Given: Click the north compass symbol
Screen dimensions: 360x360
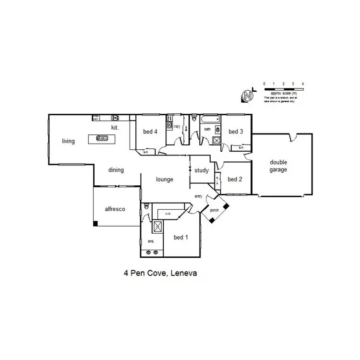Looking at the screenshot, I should click(x=248, y=96).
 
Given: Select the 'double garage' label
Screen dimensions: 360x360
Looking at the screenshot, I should click(x=278, y=166).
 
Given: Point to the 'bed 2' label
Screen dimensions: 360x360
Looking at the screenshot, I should click(x=235, y=180).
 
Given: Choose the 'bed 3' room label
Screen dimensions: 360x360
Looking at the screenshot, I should click(x=236, y=132).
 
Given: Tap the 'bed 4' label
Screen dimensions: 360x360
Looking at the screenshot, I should click(x=150, y=132).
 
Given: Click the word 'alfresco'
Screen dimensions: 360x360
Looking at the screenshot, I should click(x=115, y=209).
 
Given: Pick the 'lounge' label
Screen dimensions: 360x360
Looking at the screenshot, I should click(x=164, y=180).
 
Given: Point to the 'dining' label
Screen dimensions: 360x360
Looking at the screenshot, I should click(x=116, y=170).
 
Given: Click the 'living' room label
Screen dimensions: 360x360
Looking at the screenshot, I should click(x=69, y=141).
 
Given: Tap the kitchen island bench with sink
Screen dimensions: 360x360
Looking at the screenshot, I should click(x=102, y=138).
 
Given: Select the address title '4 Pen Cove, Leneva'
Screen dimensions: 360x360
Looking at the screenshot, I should click(x=161, y=274).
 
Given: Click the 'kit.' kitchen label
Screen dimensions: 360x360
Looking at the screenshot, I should click(x=115, y=128).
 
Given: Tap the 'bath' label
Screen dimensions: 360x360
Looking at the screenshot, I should click(x=207, y=129).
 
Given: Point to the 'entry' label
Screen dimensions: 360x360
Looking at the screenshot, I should click(x=198, y=196).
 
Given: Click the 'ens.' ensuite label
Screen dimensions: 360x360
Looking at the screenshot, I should click(x=150, y=241).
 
